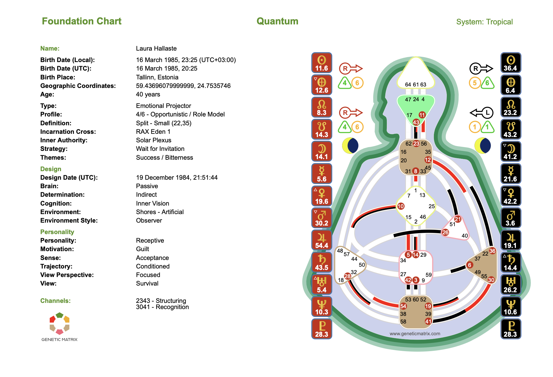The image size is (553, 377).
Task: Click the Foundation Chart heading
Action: [x=81, y=21]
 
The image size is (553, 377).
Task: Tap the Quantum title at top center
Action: [x=277, y=21]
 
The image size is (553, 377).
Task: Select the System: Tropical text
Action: [x=484, y=22]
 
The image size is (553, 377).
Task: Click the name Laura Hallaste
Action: [x=156, y=49]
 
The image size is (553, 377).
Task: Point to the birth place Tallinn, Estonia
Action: [x=157, y=77]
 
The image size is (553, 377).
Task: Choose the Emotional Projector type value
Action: [x=163, y=106]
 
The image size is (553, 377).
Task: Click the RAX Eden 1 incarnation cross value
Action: [x=153, y=132]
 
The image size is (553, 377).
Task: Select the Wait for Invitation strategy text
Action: [x=160, y=149]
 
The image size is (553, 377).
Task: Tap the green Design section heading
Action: [x=51, y=169]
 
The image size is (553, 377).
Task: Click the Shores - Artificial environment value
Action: [x=160, y=212]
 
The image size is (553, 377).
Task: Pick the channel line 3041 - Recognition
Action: [x=162, y=307]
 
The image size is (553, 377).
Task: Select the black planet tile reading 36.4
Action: [x=510, y=63]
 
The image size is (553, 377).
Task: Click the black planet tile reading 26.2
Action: [x=510, y=285]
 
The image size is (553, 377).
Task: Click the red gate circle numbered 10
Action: [x=401, y=206]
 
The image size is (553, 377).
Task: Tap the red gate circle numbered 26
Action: [x=445, y=232]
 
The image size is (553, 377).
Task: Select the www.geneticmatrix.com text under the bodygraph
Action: [x=415, y=333]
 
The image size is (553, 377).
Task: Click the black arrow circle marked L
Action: [x=487, y=112]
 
